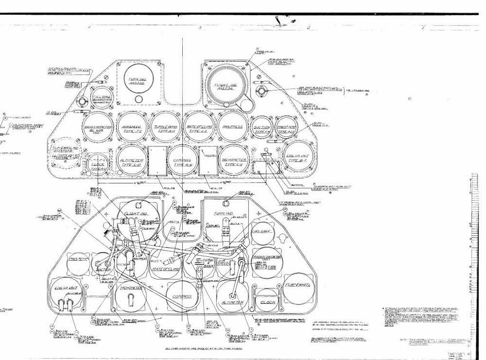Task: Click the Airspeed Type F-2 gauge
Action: click(x=131, y=127)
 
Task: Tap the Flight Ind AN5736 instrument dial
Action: click(x=226, y=85)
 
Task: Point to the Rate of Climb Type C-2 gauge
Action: click(x=199, y=127)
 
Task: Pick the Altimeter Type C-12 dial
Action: click(x=131, y=161)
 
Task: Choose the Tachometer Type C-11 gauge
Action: click(x=234, y=161)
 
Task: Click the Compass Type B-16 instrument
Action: click(x=182, y=161)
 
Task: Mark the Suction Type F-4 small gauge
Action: click(x=262, y=127)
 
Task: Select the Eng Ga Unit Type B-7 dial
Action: click(x=299, y=156)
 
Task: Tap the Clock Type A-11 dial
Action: click(x=98, y=164)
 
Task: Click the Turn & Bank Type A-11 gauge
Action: click(x=165, y=127)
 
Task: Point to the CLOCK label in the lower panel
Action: click(x=267, y=302)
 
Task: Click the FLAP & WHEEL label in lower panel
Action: click(x=298, y=285)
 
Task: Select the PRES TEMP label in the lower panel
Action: click(x=78, y=259)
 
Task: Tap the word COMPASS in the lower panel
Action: click(x=182, y=296)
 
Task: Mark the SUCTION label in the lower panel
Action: click(x=103, y=270)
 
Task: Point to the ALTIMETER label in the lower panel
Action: click(x=233, y=302)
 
